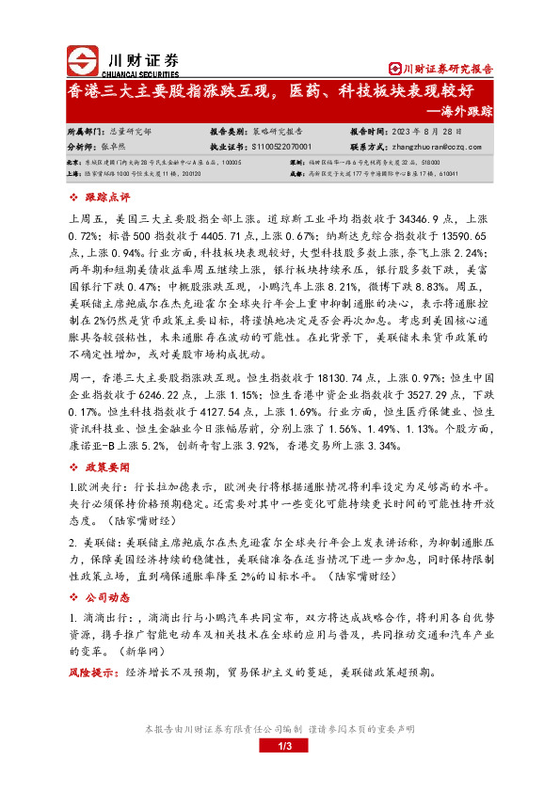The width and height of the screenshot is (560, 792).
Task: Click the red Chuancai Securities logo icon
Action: click(x=83, y=59)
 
